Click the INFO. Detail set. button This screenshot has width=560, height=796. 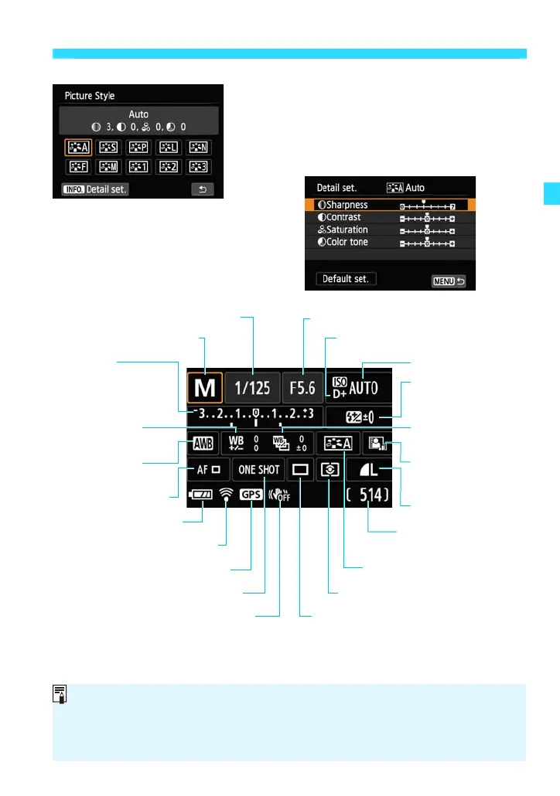point(96,188)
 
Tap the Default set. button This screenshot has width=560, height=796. point(346,279)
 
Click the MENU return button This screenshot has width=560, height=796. point(448,280)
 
